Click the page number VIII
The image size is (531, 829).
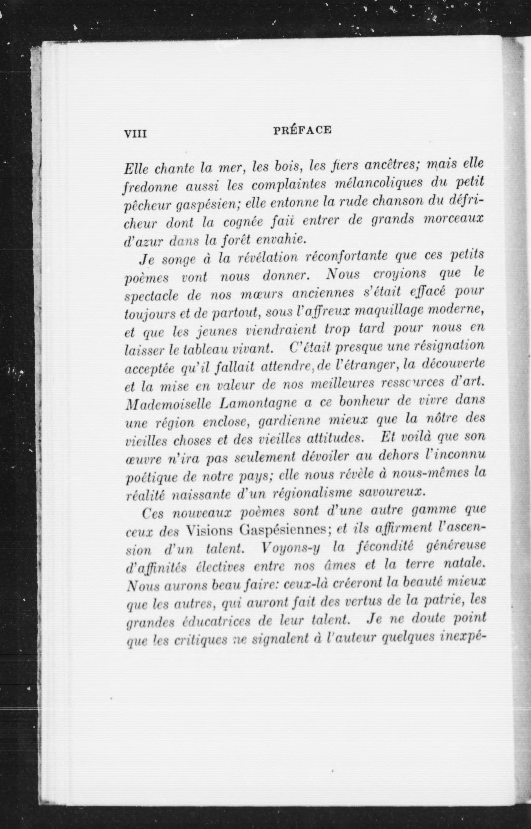(135, 133)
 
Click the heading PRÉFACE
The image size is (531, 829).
(302, 130)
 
